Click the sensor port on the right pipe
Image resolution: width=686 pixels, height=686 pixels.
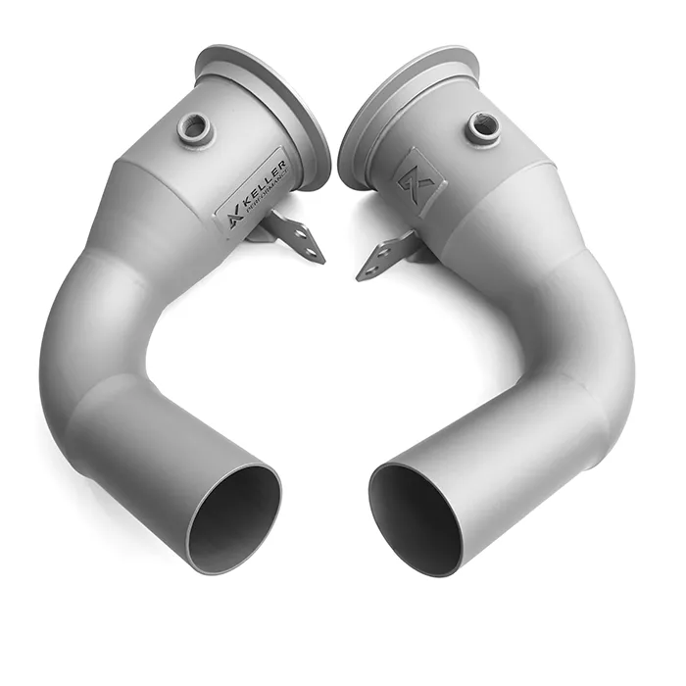point(482,124)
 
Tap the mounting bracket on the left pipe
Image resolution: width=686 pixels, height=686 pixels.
point(294,237)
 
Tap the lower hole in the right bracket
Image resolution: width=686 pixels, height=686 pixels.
point(367,269)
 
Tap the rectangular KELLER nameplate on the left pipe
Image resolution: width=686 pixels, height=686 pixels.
point(251,186)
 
